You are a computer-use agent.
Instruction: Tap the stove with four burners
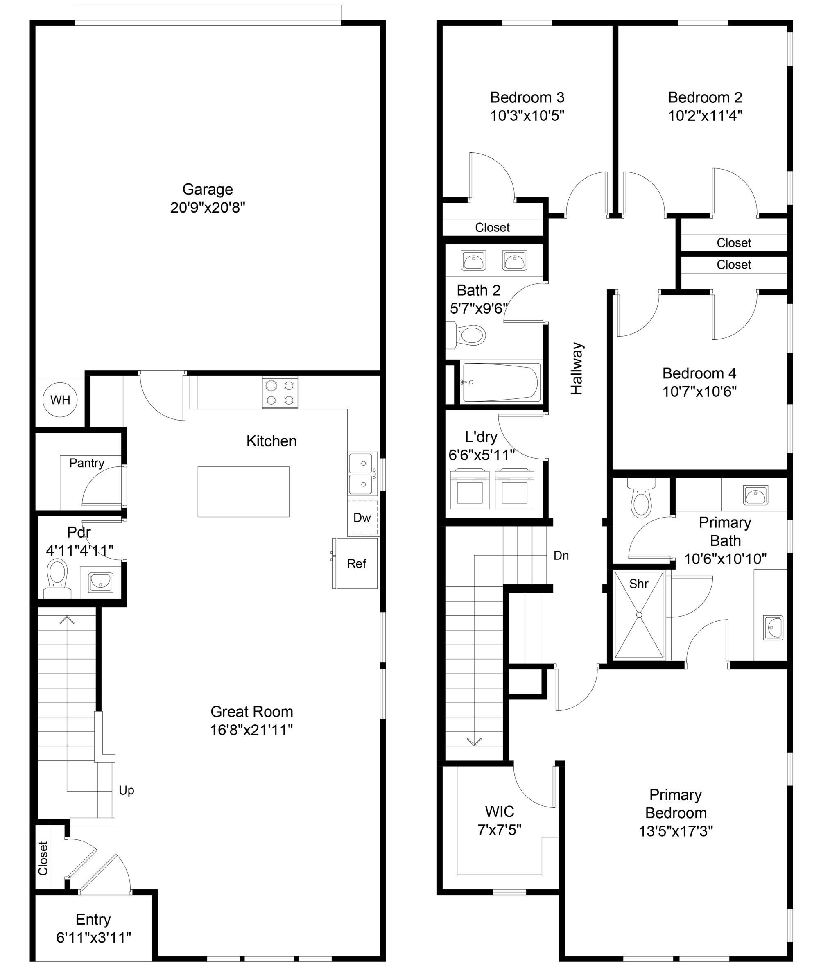coord(280,392)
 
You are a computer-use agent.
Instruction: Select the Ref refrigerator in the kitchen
coord(355,563)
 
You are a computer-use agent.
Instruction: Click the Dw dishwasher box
coord(362,518)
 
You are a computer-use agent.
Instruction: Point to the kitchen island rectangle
coord(243,491)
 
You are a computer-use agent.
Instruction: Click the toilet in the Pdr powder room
coord(57,578)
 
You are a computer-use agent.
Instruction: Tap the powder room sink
coord(100,581)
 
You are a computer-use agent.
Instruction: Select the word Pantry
coord(86,463)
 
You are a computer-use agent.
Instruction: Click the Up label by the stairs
coord(126,790)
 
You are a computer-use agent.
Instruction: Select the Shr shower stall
coord(638,615)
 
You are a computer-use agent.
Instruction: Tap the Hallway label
coord(577,369)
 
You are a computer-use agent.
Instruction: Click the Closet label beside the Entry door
coord(43,858)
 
